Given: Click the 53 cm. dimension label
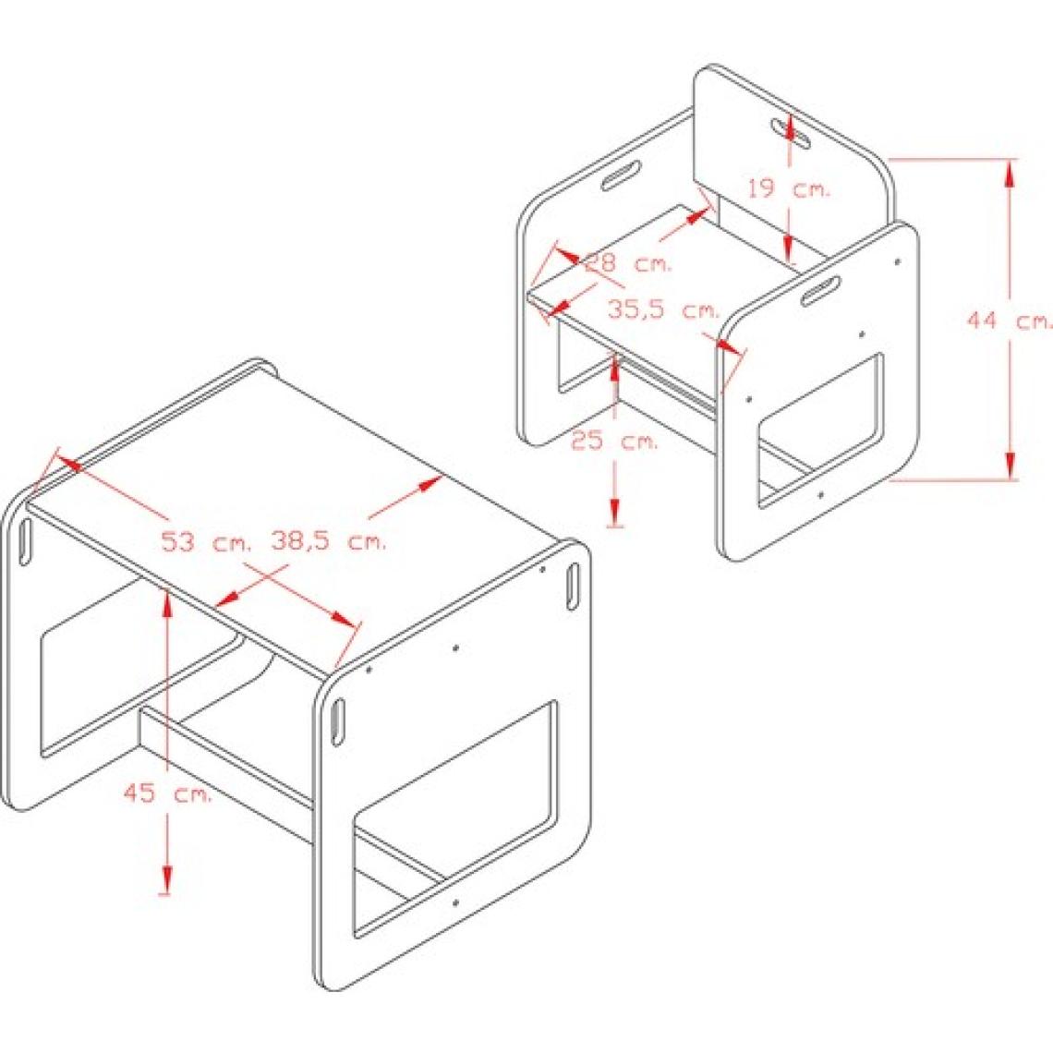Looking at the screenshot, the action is (x=206, y=541).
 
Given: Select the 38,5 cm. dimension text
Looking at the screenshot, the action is (x=329, y=540).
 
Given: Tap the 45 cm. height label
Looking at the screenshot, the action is (x=168, y=793).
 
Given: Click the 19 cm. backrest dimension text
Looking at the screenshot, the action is (x=790, y=189).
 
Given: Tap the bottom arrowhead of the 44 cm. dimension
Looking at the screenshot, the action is (x=1009, y=466).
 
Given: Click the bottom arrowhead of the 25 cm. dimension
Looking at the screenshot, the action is (x=614, y=512).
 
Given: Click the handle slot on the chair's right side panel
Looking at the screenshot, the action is (x=820, y=289).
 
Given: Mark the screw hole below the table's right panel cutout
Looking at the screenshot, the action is (x=456, y=900).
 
